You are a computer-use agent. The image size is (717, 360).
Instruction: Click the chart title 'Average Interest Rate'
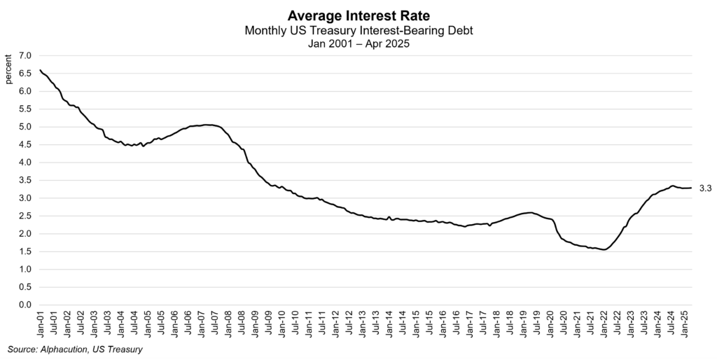[x=358, y=16]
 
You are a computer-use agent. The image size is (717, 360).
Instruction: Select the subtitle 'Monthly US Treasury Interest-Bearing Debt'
[x=358, y=31]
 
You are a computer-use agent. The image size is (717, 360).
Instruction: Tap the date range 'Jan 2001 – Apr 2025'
[x=358, y=43]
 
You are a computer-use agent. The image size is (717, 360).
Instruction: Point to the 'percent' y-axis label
[x=8, y=69]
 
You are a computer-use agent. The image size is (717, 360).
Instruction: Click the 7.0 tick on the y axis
[x=25, y=55]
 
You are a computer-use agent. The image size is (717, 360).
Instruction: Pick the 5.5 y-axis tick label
[x=25, y=109]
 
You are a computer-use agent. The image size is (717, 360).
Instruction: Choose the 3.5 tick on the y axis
[x=25, y=180]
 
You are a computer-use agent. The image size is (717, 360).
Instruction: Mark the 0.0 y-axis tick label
[x=25, y=305]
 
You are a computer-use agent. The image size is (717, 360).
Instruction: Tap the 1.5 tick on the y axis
[x=25, y=269]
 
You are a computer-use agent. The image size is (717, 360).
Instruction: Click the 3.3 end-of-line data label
[x=705, y=188]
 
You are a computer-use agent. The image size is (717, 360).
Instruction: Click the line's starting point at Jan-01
[x=40, y=70]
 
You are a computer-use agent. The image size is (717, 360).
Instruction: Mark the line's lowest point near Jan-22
[x=604, y=249]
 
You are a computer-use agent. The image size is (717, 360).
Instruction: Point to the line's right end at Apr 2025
[x=692, y=188]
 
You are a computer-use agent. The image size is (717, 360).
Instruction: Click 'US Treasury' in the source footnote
[x=116, y=349]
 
